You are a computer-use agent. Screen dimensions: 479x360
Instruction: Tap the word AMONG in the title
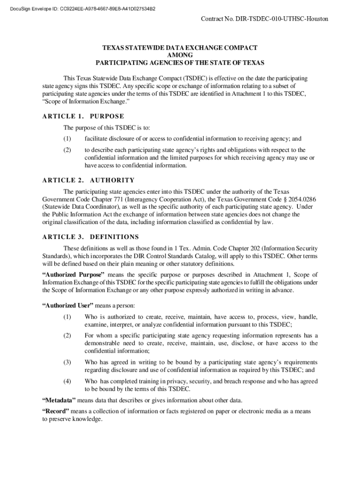(x=180, y=55)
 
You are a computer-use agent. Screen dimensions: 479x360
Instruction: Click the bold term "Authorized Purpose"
(x=73, y=275)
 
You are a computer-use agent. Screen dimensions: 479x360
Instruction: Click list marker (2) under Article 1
(x=67, y=150)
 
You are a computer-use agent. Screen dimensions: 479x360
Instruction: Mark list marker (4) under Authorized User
(x=67, y=381)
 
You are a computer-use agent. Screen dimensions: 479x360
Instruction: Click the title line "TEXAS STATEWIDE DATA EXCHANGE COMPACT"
(x=180, y=48)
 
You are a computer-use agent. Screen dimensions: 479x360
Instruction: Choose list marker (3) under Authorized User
(x=67, y=362)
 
